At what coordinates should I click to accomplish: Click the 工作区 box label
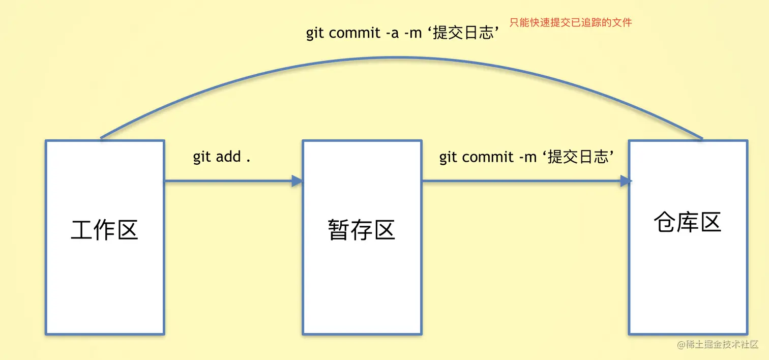point(104,230)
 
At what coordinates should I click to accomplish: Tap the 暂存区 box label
point(362,230)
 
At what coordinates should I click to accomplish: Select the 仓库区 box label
point(688,222)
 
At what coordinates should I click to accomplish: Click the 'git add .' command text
point(222,157)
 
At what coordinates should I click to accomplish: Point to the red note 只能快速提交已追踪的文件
point(571,22)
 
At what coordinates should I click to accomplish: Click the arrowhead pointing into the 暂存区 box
point(297,181)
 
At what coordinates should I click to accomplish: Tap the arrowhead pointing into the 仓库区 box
point(626,181)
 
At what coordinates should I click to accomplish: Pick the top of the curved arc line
point(402,57)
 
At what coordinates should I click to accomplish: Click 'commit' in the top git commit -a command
point(354,33)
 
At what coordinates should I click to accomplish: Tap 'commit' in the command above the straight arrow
point(488,157)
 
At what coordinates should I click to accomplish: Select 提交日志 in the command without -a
point(578,157)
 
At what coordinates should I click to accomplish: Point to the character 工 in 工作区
point(82,230)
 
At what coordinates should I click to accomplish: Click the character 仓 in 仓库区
point(665,222)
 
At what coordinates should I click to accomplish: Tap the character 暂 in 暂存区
point(339,230)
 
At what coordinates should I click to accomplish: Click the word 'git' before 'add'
point(201,157)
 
